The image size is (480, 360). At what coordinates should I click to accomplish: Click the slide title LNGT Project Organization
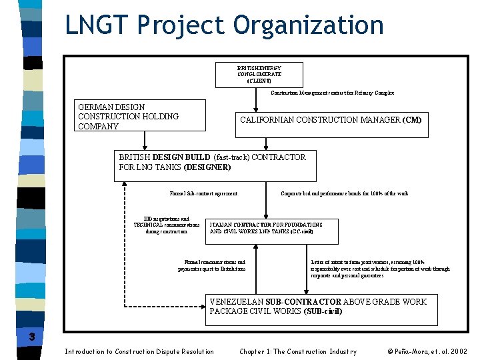(224, 25)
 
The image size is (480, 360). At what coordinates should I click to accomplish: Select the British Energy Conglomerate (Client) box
(259, 75)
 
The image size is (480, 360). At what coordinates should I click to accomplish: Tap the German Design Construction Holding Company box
(139, 117)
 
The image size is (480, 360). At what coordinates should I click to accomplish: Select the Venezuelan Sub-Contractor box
(321, 309)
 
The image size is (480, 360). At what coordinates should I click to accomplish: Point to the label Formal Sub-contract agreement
(203, 194)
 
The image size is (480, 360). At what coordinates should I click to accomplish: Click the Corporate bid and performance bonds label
(345, 194)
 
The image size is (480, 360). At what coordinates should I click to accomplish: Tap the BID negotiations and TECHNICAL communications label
(167, 225)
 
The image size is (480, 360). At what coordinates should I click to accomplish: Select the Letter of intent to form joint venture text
(380, 269)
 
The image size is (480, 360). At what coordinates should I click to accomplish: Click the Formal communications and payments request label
(211, 265)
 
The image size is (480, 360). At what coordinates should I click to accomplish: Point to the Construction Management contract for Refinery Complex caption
(332, 93)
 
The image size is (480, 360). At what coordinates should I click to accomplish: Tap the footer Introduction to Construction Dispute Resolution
(139, 351)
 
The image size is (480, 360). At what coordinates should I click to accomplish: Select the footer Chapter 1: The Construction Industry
(298, 351)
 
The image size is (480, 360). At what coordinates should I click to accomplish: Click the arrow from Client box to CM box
(258, 99)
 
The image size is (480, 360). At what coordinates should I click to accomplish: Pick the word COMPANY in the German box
(98, 127)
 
